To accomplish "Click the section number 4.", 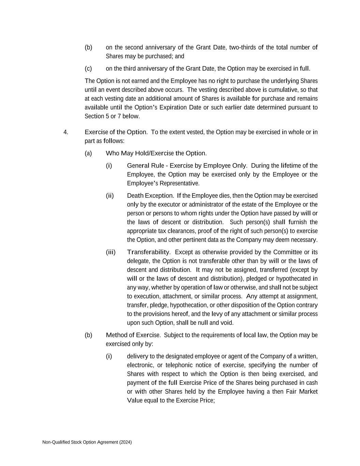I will (66, 132).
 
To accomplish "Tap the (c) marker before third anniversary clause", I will (88, 69).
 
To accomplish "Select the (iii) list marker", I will (111, 252).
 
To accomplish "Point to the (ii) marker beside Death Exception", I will (110, 196).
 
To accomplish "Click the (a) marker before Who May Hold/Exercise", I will (88, 153).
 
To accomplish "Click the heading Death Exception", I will (150, 196).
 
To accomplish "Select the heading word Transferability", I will (148, 252).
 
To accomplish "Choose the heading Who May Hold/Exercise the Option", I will (156, 153).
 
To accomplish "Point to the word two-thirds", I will (244, 47).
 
